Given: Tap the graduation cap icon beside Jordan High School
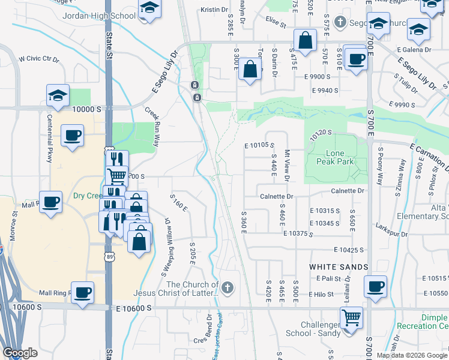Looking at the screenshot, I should tap(149, 8).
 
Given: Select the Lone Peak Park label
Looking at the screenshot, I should tap(335, 158).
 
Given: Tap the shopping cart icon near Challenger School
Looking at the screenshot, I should tap(351, 317).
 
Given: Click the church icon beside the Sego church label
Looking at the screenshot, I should tap(340, 23).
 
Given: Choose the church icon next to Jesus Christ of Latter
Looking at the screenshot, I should tap(227, 289).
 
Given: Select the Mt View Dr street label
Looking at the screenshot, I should tap(287, 166).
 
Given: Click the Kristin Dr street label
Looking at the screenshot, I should tap(215, 10).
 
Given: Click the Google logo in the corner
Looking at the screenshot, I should tap(20, 353).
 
